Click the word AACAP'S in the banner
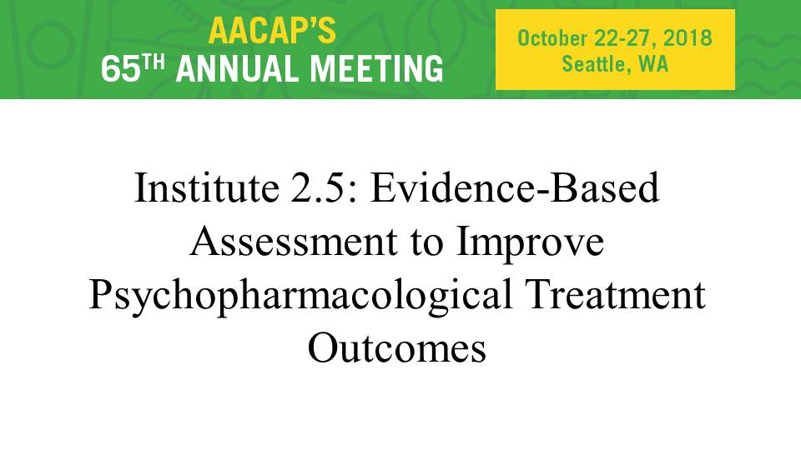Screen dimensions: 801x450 (272, 31)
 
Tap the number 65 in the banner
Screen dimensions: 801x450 (120, 69)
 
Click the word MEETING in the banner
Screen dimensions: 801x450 (377, 69)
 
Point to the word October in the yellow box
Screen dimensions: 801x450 (552, 38)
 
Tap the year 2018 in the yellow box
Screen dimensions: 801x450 (688, 38)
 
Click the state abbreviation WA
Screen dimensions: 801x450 (653, 64)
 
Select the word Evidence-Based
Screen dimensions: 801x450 (515, 187)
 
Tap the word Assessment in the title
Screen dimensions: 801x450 (294, 242)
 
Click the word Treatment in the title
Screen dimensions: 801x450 (616, 295)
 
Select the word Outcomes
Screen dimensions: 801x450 (397, 348)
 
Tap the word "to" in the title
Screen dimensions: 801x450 (427, 242)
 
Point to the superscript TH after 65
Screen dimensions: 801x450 (154, 62)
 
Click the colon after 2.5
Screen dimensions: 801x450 (352, 193)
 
